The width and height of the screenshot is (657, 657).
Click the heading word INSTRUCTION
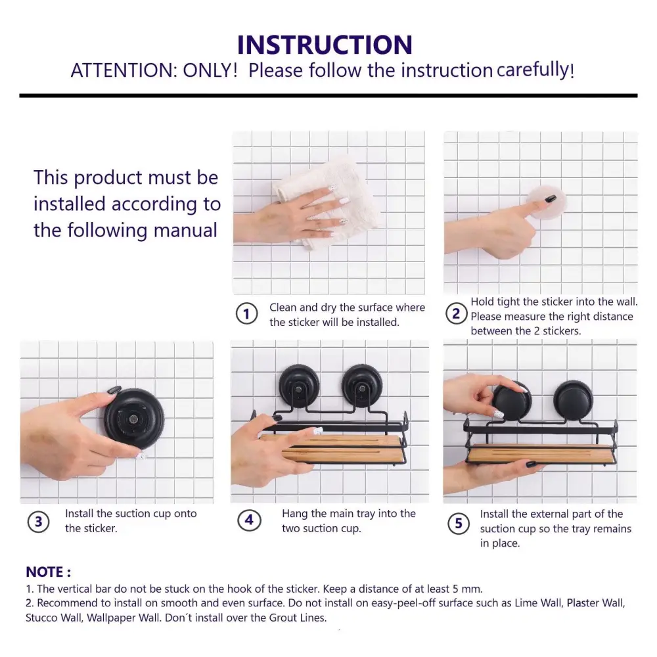point(325,45)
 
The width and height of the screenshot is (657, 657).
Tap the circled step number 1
point(246,314)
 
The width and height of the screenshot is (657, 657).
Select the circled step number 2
point(456,313)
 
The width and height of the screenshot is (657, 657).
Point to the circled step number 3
point(38,522)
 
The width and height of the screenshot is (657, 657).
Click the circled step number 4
point(249,520)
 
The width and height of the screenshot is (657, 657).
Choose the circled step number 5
point(459,524)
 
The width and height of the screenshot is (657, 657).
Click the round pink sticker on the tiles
point(547,202)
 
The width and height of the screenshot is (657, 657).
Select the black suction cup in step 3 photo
point(134,418)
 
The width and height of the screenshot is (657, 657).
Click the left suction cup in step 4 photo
point(299,386)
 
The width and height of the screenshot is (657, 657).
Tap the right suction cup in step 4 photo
point(361,386)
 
